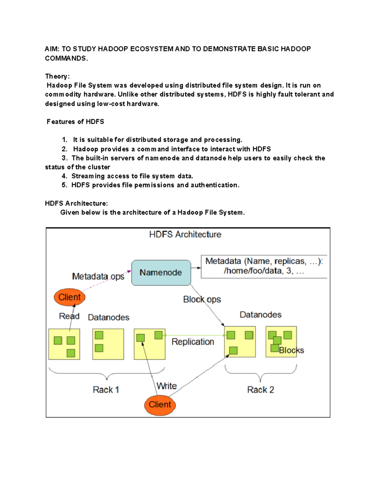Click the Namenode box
click(x=161, y=273)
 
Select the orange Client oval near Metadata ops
click(x=69, y=297)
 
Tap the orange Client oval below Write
click(x=160, y=405)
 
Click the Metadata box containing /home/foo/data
click(x=264, y=266)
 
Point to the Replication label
click(x=193, y=342)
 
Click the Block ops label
click(x=202, y=299)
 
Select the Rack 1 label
click(x=106, y=390)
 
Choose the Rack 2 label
click(x=260, y=390)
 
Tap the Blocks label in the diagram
click(x=291, y=350)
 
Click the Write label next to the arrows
click(x=166, y=386)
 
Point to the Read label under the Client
click(x=69, y=316)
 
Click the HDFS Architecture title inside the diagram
click(x=185, y=234)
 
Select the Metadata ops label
click(x=98, y=276)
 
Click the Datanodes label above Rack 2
click(x=260, y=315)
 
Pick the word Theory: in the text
click(x=57, y=76)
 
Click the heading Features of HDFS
click(x=75, y=122)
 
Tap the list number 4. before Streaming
click(x=64, y=176)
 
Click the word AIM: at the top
click(x=52, y=49)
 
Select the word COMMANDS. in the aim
click(x=66, y=58)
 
